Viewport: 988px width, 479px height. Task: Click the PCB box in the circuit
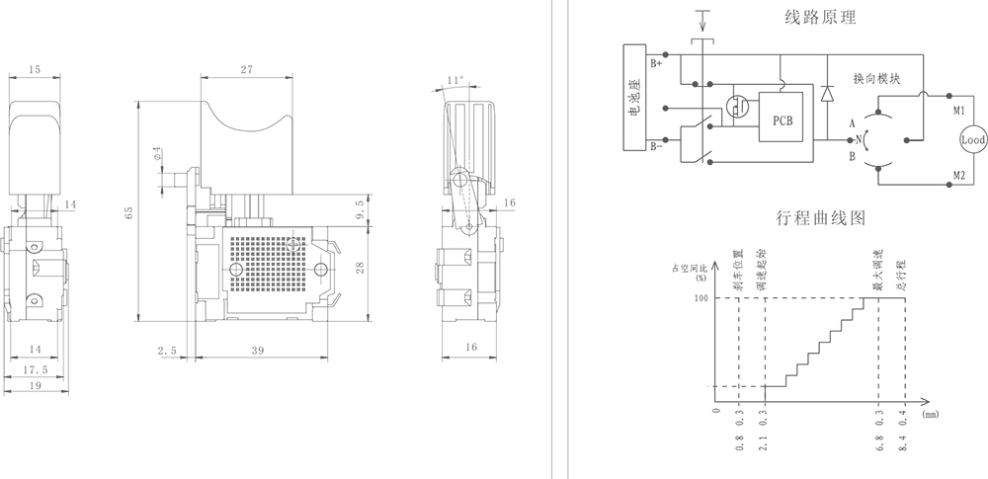tap(781, 118)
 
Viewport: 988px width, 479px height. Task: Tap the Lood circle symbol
tap(973, 141)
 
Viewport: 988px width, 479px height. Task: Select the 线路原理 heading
tap(820, 17)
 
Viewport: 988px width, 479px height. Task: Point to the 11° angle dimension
tap(454, 78)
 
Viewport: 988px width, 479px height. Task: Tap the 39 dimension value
tap(258, 352)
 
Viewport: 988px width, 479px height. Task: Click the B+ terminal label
tap(657, 62)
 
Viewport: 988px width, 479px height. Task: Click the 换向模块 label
tap(875, 78)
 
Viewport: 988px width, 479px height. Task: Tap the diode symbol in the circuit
tap(826, 94)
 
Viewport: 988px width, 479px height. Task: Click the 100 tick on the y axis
tap(701, 298)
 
